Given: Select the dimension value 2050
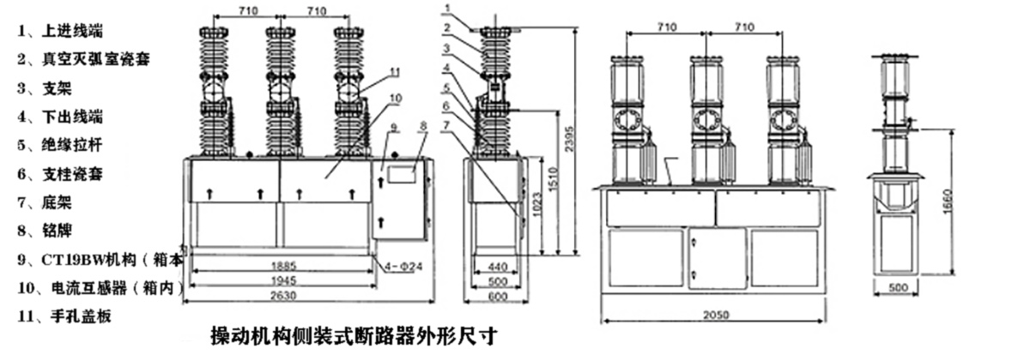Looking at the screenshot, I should tap(716, 316).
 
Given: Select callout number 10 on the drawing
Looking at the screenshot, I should tap(394, 98).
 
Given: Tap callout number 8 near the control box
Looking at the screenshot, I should tap(421, 126).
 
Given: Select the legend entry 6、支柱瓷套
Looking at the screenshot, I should tap(60, 172).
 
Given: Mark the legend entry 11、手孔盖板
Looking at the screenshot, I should tap(65, 316).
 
